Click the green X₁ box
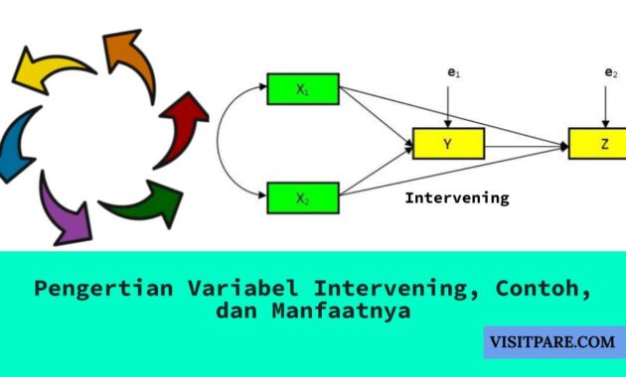pos(303,88)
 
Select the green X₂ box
pos(303,197)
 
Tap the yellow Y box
pos(448,145)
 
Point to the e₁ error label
pos(452,72)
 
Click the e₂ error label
pos(610,72)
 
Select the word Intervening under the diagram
pos(456,197)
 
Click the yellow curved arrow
pos(49,68)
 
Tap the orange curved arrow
pos(130,61)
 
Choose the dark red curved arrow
pos(183,124)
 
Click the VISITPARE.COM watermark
pos(552,343)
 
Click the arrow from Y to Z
pos(527,146)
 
